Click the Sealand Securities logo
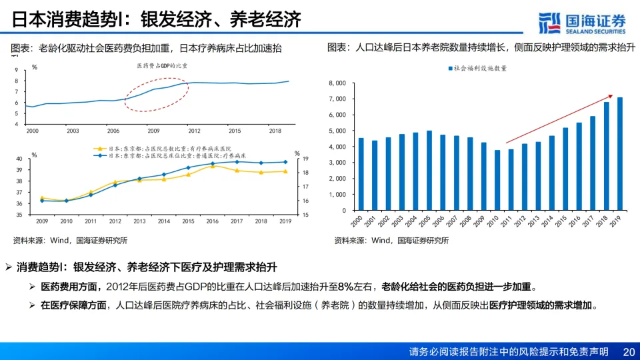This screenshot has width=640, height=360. [x=582, y=23]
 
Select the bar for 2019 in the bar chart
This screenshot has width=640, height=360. [x=620, y=154]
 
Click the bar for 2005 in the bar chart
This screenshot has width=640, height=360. [x=429, y=170]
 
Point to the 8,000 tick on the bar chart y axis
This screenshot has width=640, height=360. [x=337, y=83]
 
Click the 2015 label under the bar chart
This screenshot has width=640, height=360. [x=565, y=221]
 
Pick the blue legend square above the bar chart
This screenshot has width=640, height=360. [x=451, y=68]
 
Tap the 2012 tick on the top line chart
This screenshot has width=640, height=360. [x=193, y=131]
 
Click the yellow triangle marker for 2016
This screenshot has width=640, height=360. [x=213, y=166]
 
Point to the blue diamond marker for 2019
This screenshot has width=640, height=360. [x=285, y=162]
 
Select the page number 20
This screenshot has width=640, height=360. [x=627, y=351]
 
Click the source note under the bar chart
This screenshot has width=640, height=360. [x=391, y=241]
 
